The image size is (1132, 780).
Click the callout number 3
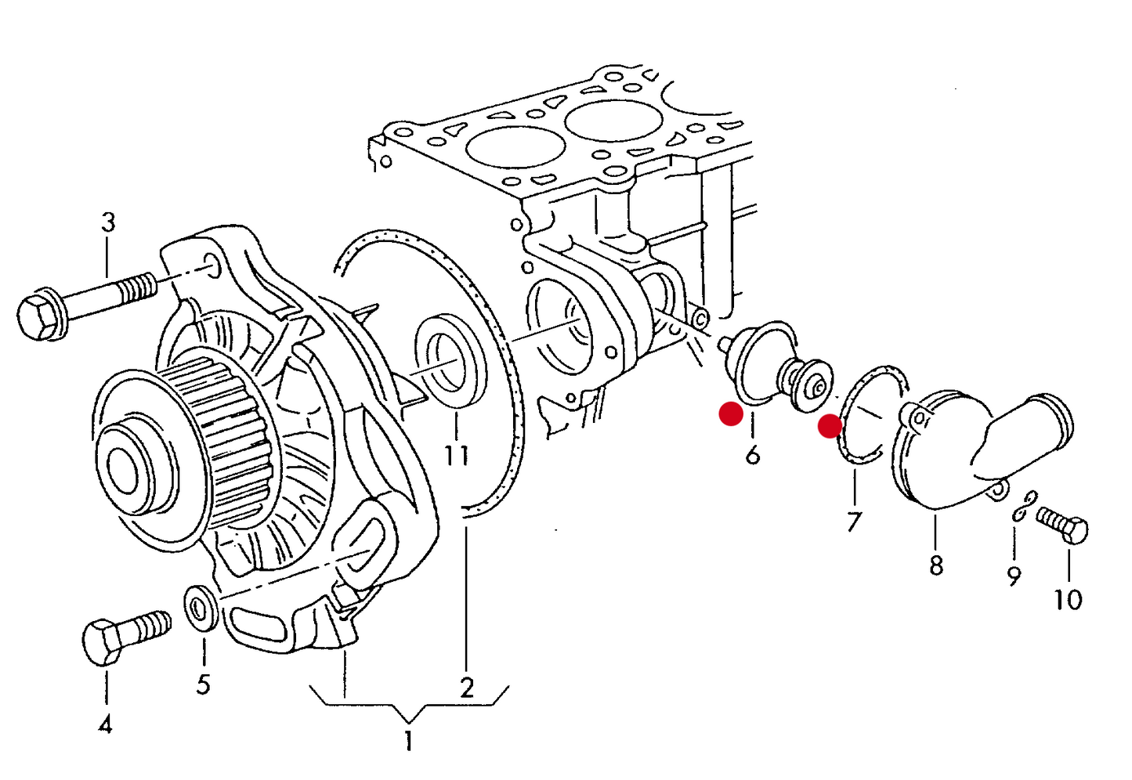coord(108,222)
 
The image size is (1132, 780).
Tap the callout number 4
coord(105,724)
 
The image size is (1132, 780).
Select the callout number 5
coord(203,684)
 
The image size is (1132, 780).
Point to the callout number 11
coord(457,455)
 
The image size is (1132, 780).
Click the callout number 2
coord(467,688)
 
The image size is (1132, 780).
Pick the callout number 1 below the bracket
coord(408,740)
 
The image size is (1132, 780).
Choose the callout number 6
coord(753,454)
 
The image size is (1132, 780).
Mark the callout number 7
coord(854,521)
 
